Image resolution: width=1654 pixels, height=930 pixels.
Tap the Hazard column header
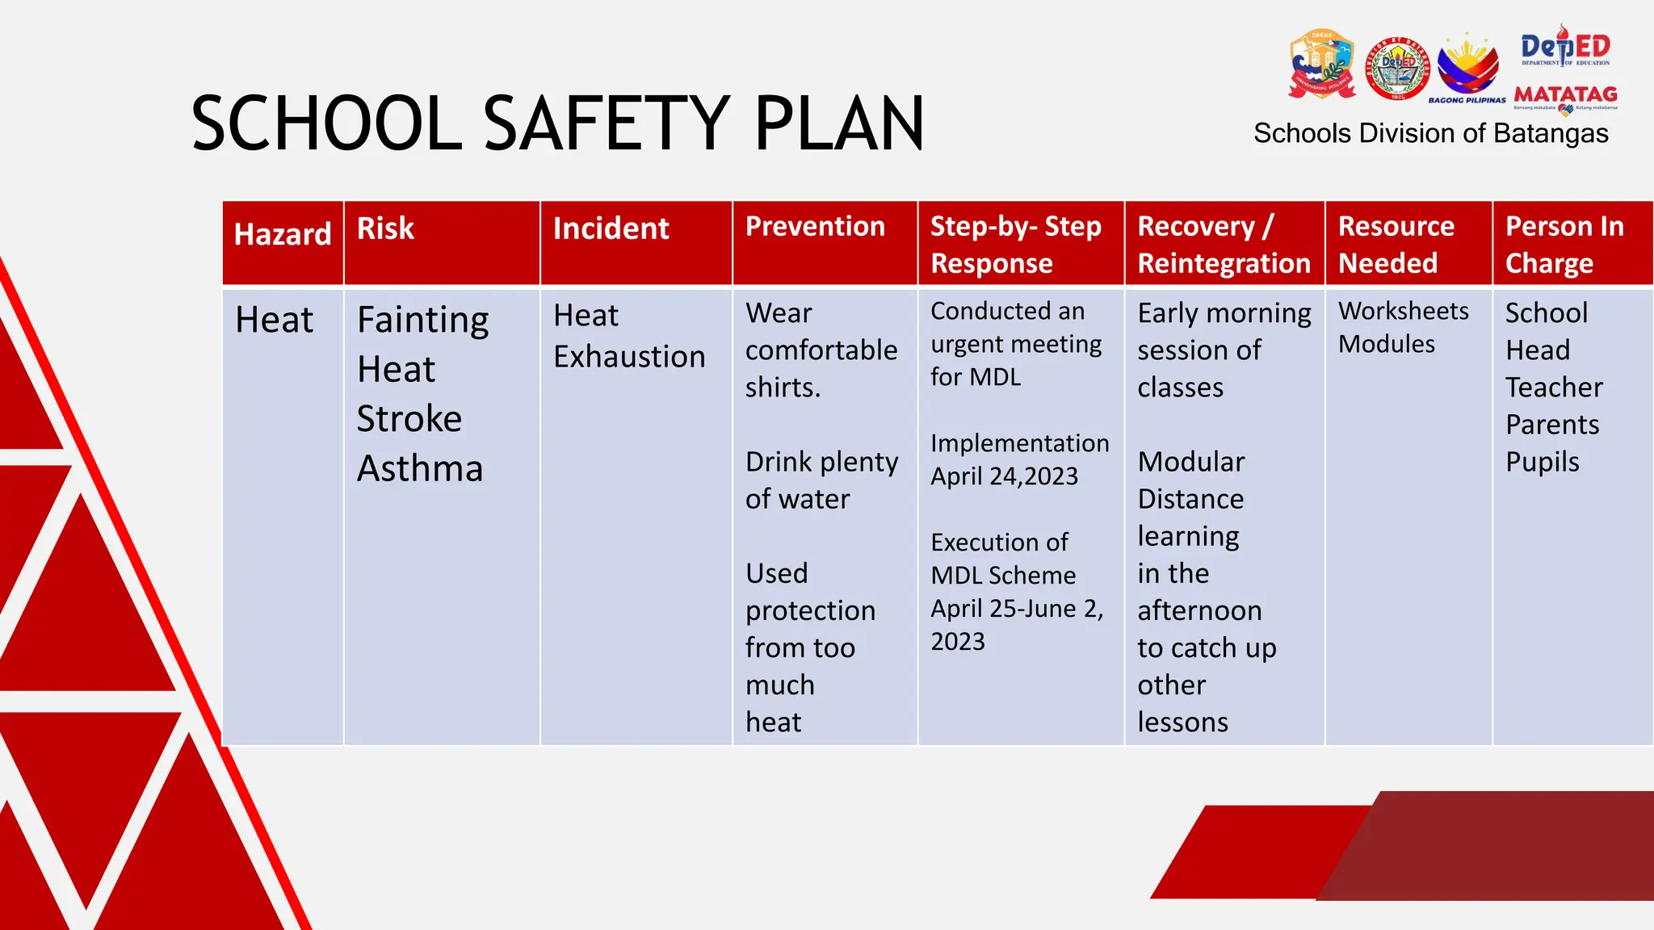tap(282, 234)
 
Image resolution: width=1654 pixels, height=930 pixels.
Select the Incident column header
tap(611, 229)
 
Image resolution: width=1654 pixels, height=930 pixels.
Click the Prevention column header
tap(815, 227)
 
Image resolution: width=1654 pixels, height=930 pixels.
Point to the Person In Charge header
tap(1564, 245)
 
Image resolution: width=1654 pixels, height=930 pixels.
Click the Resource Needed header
tap(1396, 245)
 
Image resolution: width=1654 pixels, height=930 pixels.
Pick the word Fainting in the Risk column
tap(422, 320)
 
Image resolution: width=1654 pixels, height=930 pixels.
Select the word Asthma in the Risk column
tap(420, 469)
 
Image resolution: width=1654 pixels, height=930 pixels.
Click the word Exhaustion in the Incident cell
tap(629, 357)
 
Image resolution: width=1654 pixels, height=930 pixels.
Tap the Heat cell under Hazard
tap(274, 320)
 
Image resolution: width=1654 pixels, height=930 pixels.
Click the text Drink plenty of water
tap(821, 480)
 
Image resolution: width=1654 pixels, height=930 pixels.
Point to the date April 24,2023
tap(1004, 476)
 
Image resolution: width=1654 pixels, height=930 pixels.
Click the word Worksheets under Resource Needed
tap(1403, 311)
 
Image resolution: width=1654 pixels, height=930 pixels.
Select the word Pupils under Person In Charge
tap(1542, 463)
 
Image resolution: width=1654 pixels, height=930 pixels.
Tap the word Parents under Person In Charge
tap(1551, 425)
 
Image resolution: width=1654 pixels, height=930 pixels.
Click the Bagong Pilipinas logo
tap(1467, 69)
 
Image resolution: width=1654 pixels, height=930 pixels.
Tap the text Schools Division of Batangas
tap(1430, 133)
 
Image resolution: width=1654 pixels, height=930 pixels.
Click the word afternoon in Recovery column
tap(1199, 611)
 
